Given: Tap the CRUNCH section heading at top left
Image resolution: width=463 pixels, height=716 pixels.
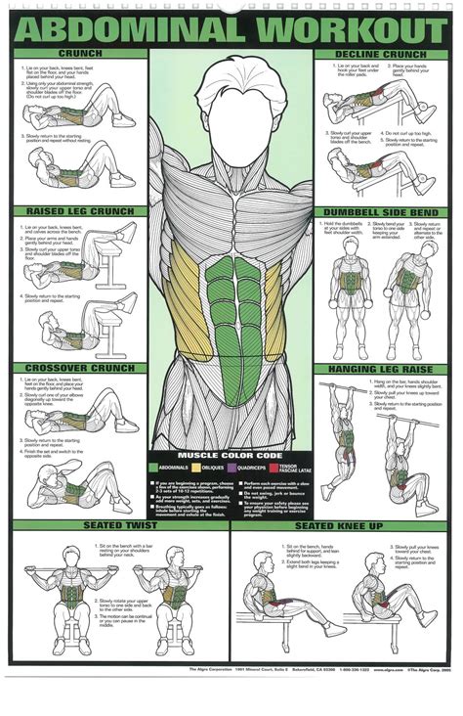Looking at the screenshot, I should coord(79,53).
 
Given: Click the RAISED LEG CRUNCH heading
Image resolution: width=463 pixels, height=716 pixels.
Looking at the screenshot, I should coord(79,210).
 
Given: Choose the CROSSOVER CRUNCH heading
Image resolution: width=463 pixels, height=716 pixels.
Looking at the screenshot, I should coord(79,368).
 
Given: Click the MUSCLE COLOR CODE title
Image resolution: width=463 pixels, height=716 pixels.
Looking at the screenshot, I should coord(231,455).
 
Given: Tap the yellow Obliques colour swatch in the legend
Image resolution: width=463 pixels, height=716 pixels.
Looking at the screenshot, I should coord(195,468).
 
